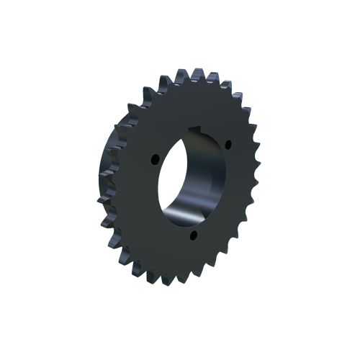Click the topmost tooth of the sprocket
(x=196, y=73)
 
